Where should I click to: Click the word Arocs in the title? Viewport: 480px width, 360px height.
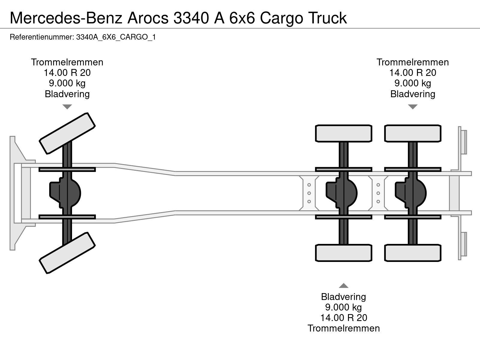coord(148,18)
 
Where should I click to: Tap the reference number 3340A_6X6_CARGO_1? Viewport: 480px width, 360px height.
coord(116,37)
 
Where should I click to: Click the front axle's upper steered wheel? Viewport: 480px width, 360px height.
coord(67,133)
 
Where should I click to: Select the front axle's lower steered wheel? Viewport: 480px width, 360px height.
coord(67,253)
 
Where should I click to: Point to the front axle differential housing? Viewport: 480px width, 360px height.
coord(65,193)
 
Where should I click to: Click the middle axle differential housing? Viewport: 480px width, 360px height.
coord(342,193)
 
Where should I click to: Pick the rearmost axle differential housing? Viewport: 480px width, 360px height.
coord(411,193)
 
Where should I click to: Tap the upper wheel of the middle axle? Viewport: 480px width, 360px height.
coord(343,133)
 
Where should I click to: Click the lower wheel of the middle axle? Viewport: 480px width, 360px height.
coord(343,253)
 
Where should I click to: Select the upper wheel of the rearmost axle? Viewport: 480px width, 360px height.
coord(412,133)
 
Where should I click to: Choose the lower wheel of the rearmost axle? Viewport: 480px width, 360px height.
coord(412,253)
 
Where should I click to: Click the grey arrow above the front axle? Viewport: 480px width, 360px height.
coord(67,107)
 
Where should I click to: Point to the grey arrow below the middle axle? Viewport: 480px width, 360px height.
coord(343,286)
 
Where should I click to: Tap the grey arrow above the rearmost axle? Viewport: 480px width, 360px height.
coord(412,107)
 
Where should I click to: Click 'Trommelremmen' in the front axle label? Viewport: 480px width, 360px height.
coord(67,62)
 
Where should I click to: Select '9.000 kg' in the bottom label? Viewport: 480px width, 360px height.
coord(343,307)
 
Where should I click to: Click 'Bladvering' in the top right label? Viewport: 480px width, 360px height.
coord(412,94)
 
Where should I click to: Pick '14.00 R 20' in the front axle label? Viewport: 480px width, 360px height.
coord(67,73)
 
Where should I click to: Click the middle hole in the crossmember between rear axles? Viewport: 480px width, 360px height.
coord(378,193)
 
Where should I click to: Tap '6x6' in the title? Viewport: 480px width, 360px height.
coord(242,18)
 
